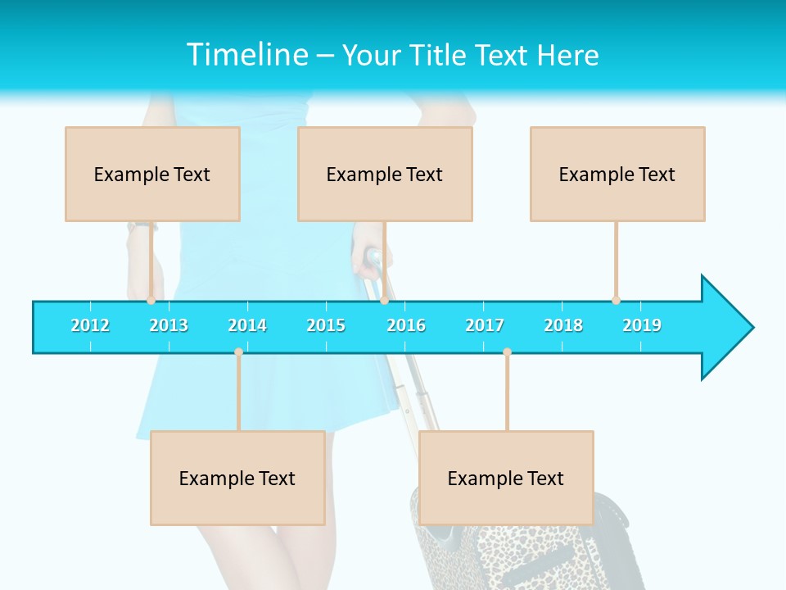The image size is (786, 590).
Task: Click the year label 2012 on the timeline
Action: pyautogui.click(x=90, y=325)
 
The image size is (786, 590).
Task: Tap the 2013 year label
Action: pyautogui.click(x=169, y=325)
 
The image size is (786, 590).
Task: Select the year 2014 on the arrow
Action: pyautogui.click(x=247, y=325)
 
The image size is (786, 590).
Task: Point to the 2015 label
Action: pyautogui.click(x=326, y=325)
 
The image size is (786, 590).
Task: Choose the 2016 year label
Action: pyautogui.click(x=406, y=325)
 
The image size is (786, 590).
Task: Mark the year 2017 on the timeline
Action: pyautogui.click(x=485, y=325)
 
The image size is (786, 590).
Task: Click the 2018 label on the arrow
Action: pyautogui.click(x=563, y=325)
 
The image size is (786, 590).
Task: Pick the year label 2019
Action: pyautogui.click(x=642, y=325)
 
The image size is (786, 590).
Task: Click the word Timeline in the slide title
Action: pyautogui.click(x=246, y=55)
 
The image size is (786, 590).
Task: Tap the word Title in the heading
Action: pyautogui.click(x=440, y=55)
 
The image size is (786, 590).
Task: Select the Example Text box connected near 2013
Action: pyautogui.click(x=152, y=174)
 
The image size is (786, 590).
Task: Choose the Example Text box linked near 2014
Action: pyautogui.click(x=237, y=478)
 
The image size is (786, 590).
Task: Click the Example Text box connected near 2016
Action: pyautogui.click(x=385, y=174)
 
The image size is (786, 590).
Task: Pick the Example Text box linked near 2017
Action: pyautogui.click(x=506, y=478)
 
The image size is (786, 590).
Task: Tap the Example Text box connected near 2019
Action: pyautogui.click(x=617, y=174)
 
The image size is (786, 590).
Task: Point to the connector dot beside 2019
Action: pyautogui.click(x=616, y=300)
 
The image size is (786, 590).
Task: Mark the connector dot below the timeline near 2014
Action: pyautogui.click(x=238, y=352)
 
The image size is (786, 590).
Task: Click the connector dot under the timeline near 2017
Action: pyautogui.click(x=507, y=352)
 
